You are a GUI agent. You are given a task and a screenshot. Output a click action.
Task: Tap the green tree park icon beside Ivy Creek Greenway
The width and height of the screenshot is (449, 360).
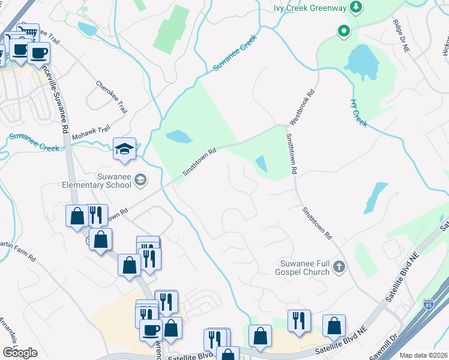[357, 7]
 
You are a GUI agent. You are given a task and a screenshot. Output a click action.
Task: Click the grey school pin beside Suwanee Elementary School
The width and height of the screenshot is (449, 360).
[140, 179]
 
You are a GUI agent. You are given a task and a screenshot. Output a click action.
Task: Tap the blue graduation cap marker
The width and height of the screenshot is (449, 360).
[124, 149]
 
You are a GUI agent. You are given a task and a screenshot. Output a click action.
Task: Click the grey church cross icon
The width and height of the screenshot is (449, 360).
[340, 266]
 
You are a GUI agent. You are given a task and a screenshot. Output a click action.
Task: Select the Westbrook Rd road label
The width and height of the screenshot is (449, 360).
[302, 107]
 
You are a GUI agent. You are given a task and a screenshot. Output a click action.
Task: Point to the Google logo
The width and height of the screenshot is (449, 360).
[20, 352]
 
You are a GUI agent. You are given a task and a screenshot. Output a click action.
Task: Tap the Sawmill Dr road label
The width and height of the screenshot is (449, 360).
[384, 347]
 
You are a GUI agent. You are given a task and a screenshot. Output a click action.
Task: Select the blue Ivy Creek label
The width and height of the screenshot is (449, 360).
[358, 112]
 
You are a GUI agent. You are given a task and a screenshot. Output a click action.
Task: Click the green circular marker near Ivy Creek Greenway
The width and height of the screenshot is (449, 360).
[344, 31]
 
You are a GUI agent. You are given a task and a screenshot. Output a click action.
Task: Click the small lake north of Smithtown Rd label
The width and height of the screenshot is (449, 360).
[179, 137]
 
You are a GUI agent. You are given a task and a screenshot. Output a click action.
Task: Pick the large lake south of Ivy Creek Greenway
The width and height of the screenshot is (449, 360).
[360, 61]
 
